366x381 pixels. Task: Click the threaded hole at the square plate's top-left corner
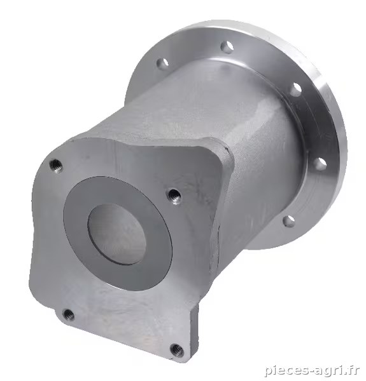pyautogui.click(x=56, y=166)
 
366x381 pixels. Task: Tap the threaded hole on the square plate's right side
pyautogui.click(x=174, y=196)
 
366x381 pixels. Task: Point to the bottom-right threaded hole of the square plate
pyautogui.click(x=176, y=350)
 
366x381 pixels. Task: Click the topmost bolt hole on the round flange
pyautogui.click(x=227, y=47)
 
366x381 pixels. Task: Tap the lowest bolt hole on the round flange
pyautogui.click(x=288, y=221)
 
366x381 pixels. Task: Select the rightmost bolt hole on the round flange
pyautogui.click(x=319, y=164)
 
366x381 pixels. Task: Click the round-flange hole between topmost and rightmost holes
pyautogui.click(x=296, y=90)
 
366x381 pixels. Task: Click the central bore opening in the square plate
pyautogui.click(x=116, y=233)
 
